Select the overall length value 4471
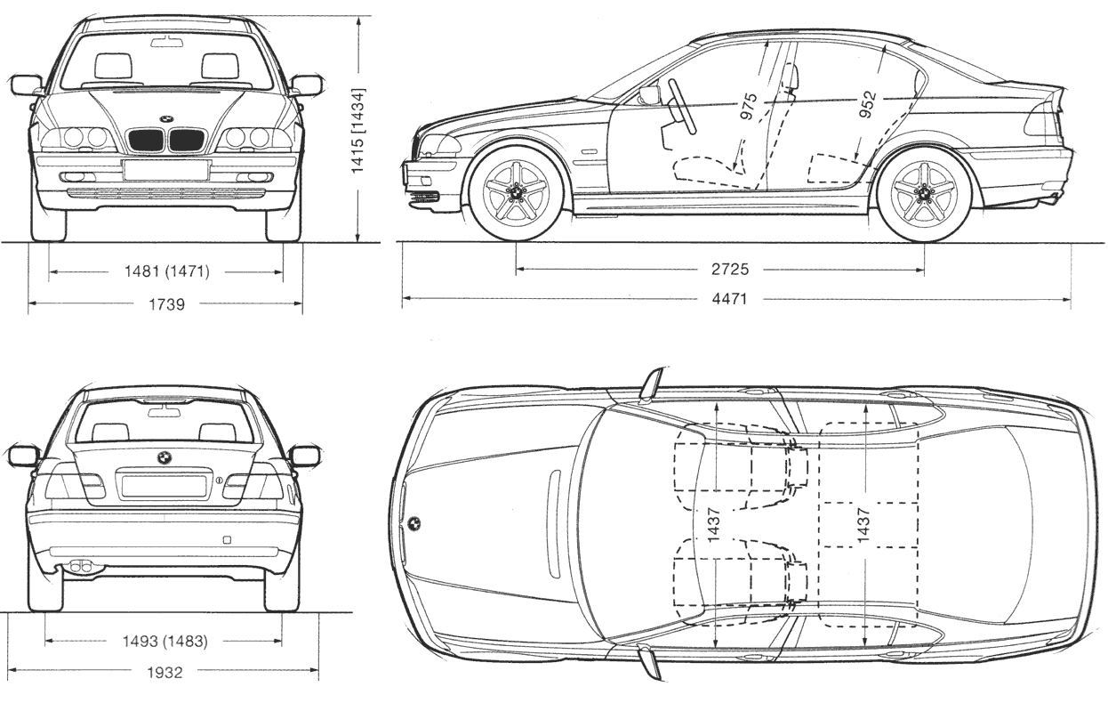click(729, 300)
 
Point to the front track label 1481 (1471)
click(167, 272)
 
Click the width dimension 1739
click(166, 304)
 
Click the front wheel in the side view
click(516, 194)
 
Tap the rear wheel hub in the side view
click(924, 194)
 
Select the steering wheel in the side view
click(682, 105)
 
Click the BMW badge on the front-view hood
click(166, 118)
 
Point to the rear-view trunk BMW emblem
click(165, 457)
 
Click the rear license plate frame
click(164, 486)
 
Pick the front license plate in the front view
click(166, 170)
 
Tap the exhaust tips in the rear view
click(81, 567)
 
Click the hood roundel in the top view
click(413, 523)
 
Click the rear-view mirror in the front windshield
click(166, 41)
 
